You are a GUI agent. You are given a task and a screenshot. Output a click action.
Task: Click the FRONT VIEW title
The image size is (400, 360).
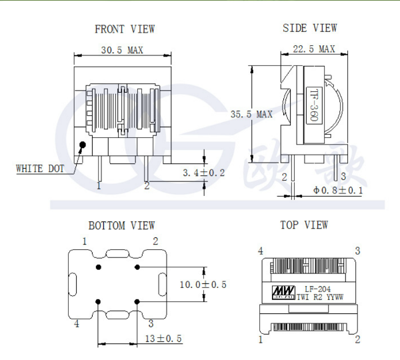coord(125,29)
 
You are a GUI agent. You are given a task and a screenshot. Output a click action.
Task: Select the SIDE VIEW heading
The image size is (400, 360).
coord(310,28)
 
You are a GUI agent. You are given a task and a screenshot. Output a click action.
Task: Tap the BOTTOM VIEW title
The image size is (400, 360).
coord(121,226)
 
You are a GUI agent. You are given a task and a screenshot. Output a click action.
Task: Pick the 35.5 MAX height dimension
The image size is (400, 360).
coord(251,114)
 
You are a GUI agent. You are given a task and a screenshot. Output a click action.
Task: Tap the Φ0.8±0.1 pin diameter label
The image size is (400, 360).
coord(338,191)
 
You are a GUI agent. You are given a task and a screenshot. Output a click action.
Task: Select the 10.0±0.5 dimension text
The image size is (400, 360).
coord(203,285)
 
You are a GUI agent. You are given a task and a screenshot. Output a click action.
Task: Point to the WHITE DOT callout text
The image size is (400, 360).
coord(40,169)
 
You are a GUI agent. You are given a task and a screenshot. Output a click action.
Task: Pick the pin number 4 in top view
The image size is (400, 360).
coord(261,251)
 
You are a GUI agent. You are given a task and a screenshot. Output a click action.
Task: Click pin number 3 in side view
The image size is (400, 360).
coord(343,176)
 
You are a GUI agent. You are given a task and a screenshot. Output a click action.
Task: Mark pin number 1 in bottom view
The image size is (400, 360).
coord(85,241)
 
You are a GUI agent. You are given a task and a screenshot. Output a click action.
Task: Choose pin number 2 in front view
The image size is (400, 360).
coord(147,185)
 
